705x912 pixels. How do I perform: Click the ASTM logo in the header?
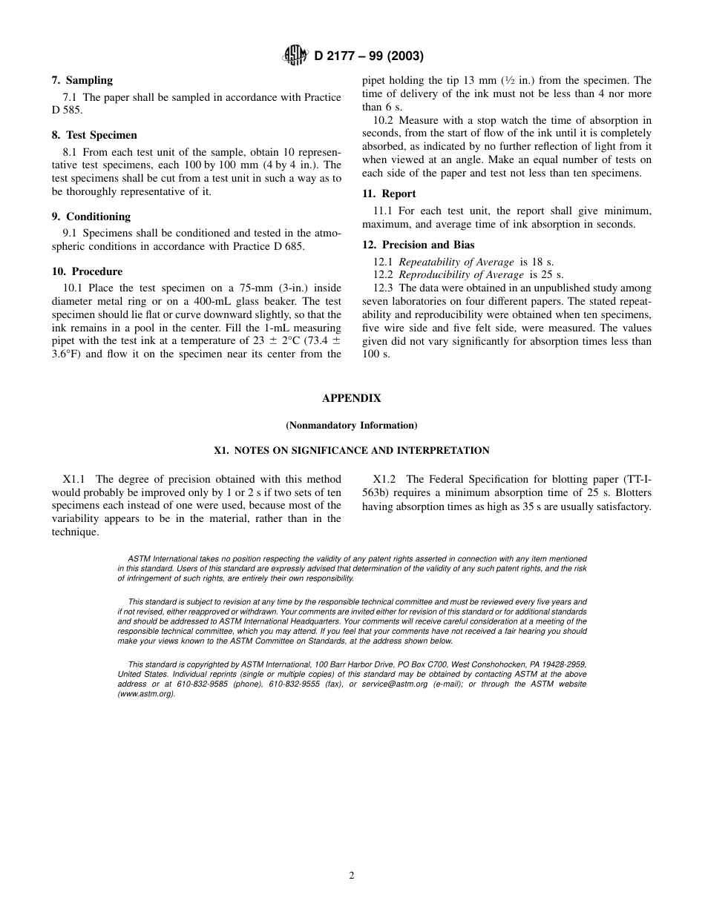(295, 56)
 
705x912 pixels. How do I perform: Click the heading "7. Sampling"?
(82, 80)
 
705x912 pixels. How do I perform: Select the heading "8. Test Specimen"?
(94, 135)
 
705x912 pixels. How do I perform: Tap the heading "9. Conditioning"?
(91, 217)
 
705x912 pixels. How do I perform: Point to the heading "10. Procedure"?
(87, 271)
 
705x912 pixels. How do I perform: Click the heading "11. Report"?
(389, 194)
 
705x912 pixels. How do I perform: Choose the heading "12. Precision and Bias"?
(418, 245)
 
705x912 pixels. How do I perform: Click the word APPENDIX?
(352, 398)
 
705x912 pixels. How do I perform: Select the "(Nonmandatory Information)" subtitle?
(352, 426)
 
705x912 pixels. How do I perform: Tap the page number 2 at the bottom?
(352, 875)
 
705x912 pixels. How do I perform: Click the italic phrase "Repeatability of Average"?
(456, 262)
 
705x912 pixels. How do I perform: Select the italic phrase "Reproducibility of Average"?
(461, 275)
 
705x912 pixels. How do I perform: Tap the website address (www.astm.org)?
(146, 694)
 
